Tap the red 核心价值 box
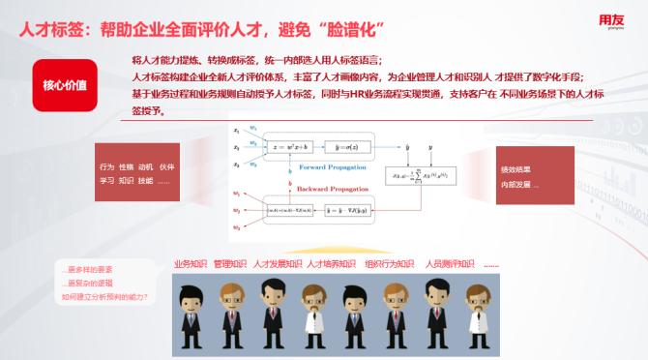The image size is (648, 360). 64,84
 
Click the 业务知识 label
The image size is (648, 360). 190,263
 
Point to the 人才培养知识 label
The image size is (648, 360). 331,263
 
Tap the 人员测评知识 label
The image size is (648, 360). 450,263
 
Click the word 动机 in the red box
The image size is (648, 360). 146,167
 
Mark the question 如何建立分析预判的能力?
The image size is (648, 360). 104,297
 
